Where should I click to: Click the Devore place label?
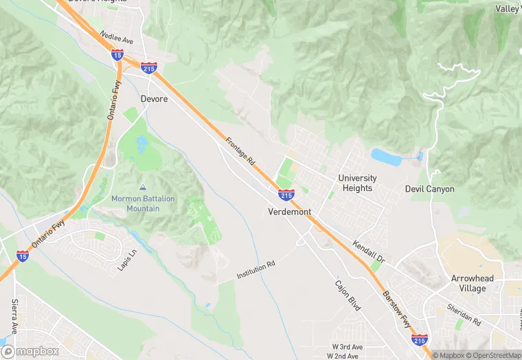point(154,99)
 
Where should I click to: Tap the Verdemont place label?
point(289,212)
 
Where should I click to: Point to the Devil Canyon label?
point(429,189)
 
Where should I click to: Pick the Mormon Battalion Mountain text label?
point(144,203)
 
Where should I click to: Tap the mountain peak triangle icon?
point(143,187)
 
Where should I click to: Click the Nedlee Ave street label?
point(116,37)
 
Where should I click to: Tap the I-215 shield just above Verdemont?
point(286,195)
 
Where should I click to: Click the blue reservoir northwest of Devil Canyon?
point(386,157)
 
